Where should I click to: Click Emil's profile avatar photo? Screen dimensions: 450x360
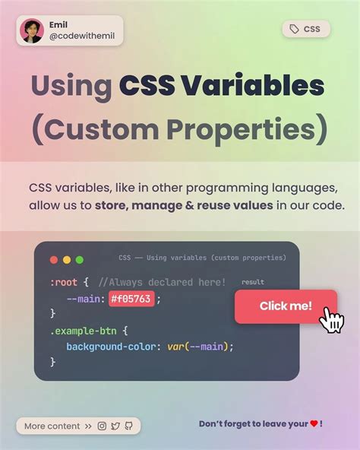(x=32, y=30)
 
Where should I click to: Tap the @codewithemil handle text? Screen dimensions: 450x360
(x=84, y=37)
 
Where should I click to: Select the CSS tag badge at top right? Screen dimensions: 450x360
(x=306, y=30)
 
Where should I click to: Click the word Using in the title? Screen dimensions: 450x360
(x=71, y=87)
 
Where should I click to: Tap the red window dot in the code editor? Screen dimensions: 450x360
(x=54, y=259)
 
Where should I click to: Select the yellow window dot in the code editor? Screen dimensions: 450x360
(x=67, y=259)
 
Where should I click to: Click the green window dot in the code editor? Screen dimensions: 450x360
(x=79, y=259)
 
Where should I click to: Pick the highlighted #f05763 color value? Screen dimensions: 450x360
(x=131, y=299)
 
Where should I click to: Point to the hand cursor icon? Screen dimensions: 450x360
(x=331, y=320)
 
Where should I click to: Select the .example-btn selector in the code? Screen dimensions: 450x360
(x=84, y=331)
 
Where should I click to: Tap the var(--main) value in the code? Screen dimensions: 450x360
(x=199, y=347)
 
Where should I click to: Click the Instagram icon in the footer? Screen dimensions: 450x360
(x=102, y=426)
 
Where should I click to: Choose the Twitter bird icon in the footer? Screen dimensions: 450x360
(x=115, y=426)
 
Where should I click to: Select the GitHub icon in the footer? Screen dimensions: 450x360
(x=128, y=426)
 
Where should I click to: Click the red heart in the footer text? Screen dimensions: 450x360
(x=314, y=424)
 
